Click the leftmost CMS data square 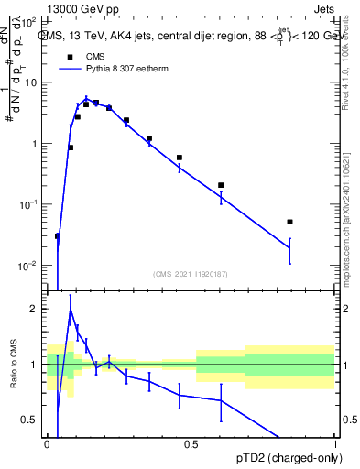(58, 236)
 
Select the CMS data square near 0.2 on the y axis (221, 185)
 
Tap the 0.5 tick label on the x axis (191, 444)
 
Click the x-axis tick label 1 (335, 444)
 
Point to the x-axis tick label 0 (47, 444)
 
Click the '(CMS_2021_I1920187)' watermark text (191, 273)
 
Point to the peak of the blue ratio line (71, 310)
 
